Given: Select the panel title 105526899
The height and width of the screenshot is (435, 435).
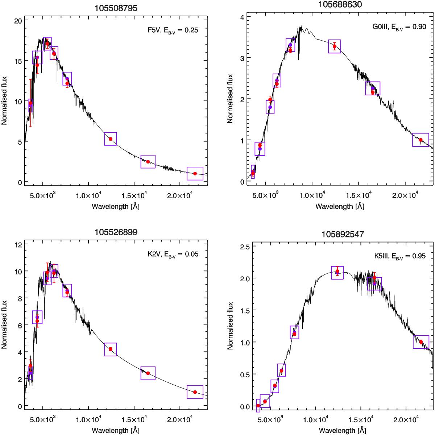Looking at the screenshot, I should pyautogui.click(x=116, y=232).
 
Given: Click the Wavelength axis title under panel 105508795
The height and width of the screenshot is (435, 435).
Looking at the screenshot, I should pyautogui.click(x=116, y=206).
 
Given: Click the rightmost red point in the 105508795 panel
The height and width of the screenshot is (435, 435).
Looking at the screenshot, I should pyautogui.click(x=195, y=173).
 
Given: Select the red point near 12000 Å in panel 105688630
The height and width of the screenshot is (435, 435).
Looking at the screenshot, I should pyautogui.click(x=334, y=46).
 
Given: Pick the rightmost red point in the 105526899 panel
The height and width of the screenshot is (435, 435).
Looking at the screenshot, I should pyautogui.click(x=195, y=392).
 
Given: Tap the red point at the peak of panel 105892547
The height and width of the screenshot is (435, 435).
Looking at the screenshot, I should pyautogui.click(x=337, y=271).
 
